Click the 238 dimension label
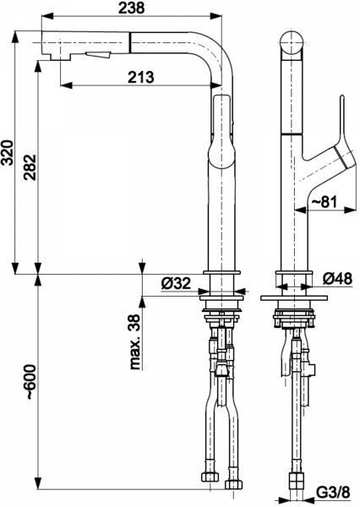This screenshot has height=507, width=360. tap(131, 8)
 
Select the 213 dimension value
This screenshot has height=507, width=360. tap(141, 77)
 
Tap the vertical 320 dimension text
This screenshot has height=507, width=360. tap(8, 153)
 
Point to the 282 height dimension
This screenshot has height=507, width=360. tap(30, 167)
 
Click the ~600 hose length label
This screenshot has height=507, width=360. tap(30, 382)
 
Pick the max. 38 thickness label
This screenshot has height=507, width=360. tap(135, 341)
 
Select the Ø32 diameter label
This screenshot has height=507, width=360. tap(176, 283)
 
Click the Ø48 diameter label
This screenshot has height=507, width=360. tap(337, 278)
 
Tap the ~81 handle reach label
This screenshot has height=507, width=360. tap(325, 201)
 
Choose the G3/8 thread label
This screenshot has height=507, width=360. tap(333, 493)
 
